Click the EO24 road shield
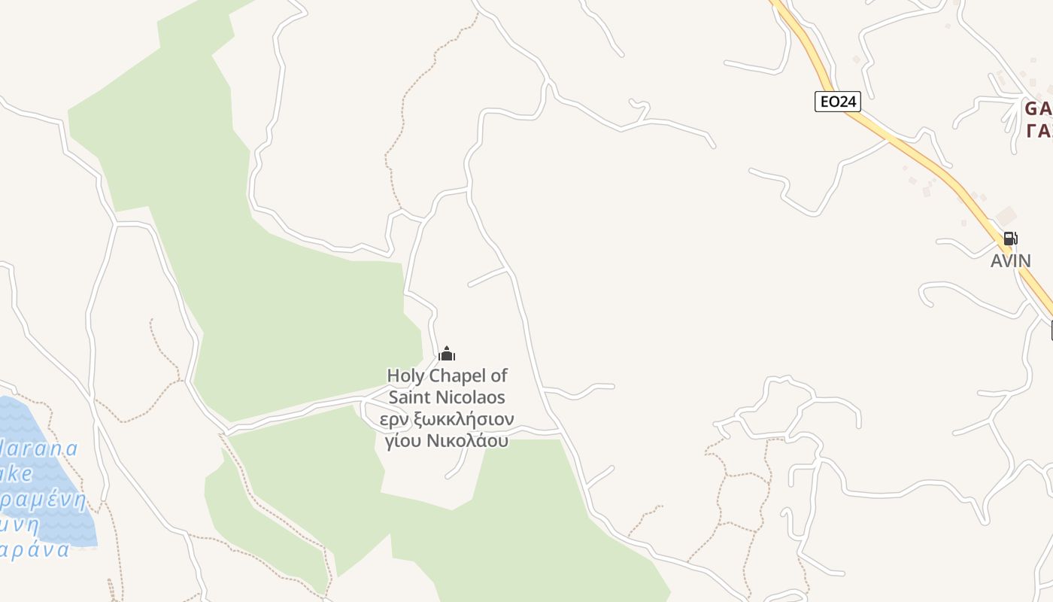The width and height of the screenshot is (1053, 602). (x=837, y=102)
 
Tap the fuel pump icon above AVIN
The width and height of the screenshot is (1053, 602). (x=1010, y=239)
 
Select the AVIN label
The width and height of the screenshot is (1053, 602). (x=1010, y=261)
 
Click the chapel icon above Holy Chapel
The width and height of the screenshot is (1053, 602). (x=447, y=354)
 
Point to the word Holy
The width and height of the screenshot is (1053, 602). (x=405, y=375)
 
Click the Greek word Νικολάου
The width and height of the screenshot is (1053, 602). (x=467, y=441)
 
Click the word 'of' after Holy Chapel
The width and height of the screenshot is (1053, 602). (x=499, y=375)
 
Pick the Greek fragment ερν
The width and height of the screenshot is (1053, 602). (x=393, y=419)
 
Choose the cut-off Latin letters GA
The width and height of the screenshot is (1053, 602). (x=1038, y=108)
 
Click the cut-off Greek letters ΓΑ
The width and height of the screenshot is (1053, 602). (x=1038, y=131)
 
